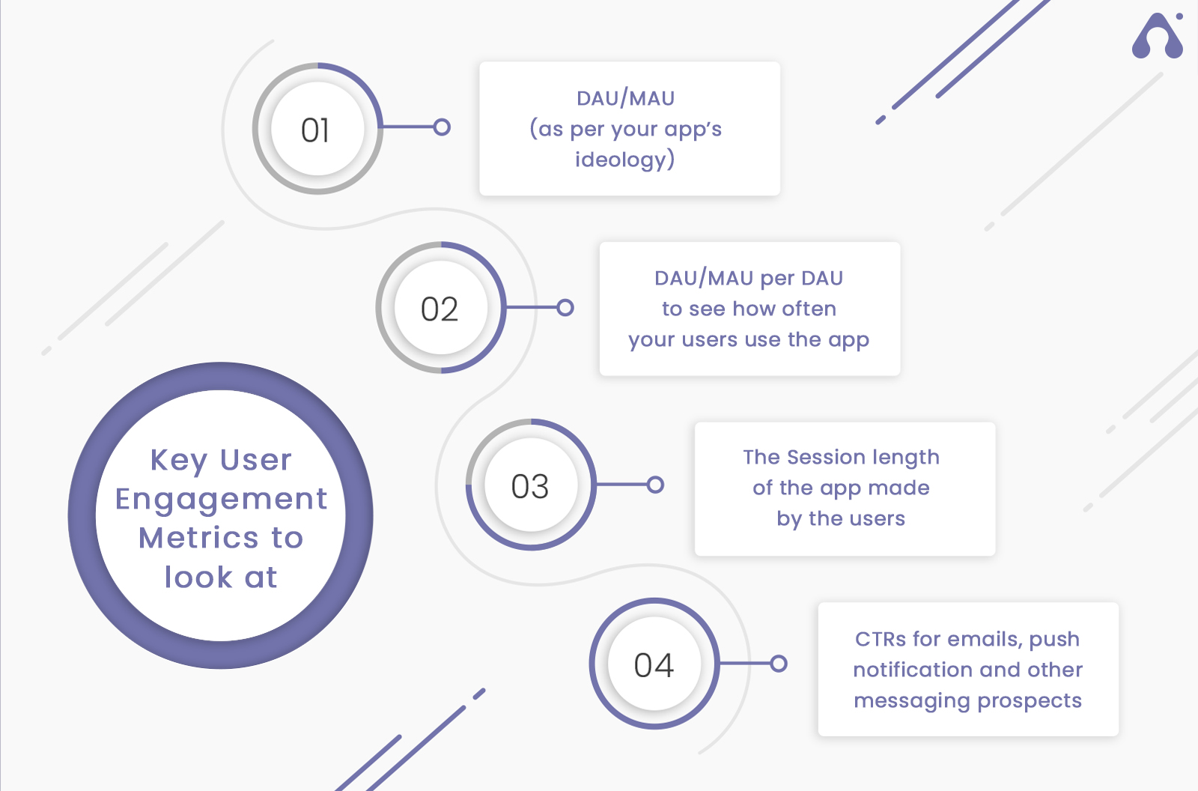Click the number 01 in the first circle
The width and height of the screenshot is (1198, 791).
tap(315, 130)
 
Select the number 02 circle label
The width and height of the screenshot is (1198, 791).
tap(440, 309)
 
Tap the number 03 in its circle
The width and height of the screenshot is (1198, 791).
tap(530, 486)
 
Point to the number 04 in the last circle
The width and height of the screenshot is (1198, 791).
tap(654, 665)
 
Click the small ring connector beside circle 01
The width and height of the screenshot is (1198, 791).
tap(442, 127)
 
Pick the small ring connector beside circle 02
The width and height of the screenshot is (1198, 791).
tap(565, 308)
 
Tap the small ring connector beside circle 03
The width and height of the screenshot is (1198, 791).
tap(655, 485)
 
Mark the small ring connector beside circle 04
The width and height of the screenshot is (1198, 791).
tap(779, 664)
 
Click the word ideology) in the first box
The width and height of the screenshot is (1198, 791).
tap(624, 160)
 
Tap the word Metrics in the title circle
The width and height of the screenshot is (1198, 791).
tap(201, 538)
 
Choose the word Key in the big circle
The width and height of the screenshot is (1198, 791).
tap(179, 461)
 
